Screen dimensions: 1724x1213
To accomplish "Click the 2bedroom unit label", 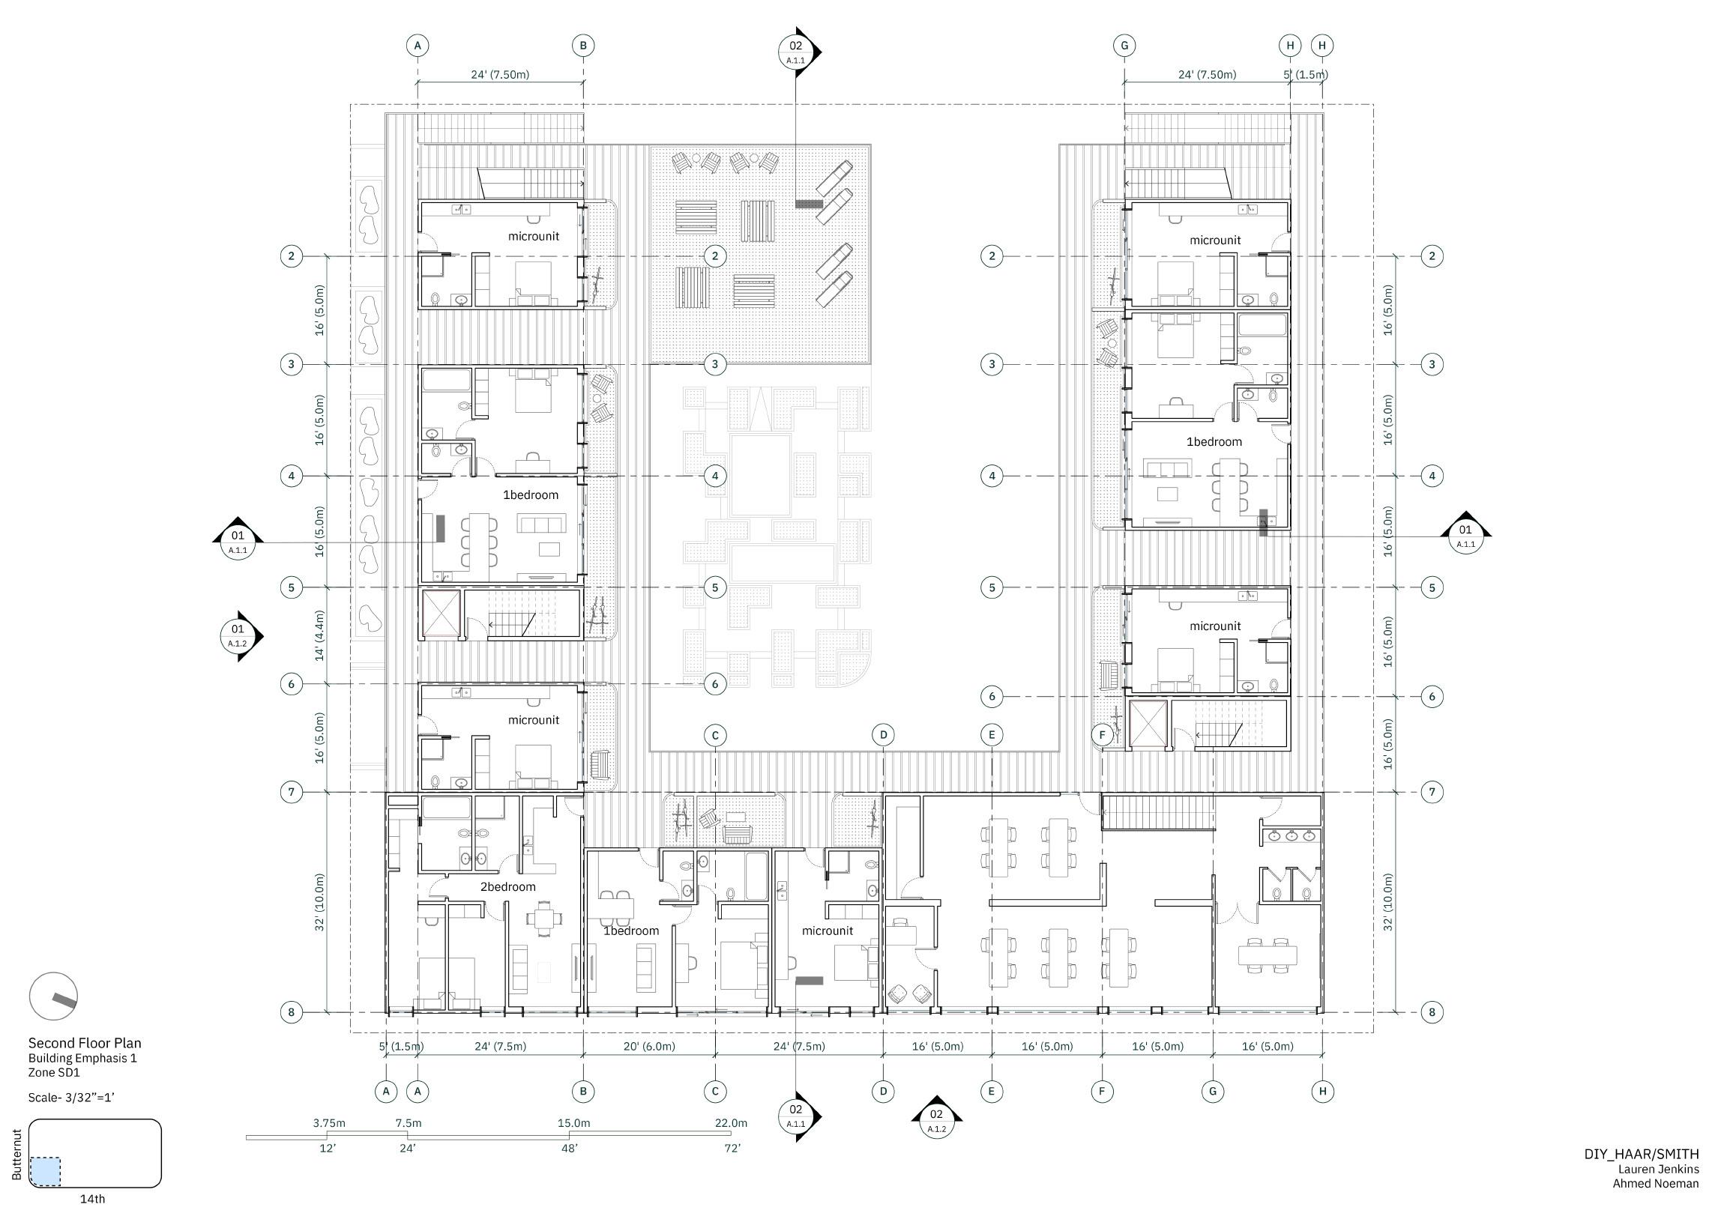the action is (507, 886).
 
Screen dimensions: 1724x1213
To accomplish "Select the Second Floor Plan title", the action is (85, 1043).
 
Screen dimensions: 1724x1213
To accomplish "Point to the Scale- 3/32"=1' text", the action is (71, 1098).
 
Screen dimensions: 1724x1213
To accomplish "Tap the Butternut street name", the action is (17, 1155).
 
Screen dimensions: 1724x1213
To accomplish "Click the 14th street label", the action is (92, 1199).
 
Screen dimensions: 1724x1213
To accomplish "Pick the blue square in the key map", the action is (45, 1172).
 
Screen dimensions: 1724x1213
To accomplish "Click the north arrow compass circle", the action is (53, 996).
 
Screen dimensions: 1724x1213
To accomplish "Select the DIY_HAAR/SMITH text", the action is (1642, 1155).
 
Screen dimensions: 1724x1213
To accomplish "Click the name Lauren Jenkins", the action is (1658, 1169).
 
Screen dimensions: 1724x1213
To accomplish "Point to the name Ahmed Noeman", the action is (1655, 1184).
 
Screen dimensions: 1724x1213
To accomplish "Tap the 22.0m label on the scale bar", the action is (730, 1123).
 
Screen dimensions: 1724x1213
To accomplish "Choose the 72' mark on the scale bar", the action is (732, 1149).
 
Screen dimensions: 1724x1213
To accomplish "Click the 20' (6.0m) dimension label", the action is (649, 1047).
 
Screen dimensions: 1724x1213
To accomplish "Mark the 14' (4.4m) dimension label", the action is (319, 635).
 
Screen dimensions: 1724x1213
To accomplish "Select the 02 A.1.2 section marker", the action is (935, 1119).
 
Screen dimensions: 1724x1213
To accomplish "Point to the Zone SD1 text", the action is (54, 1073).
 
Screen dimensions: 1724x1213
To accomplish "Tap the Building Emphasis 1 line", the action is (82, 1059).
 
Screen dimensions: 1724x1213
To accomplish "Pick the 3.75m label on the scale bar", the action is (329, 1123).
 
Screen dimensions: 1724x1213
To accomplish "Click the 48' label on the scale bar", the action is (569, 1149).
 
